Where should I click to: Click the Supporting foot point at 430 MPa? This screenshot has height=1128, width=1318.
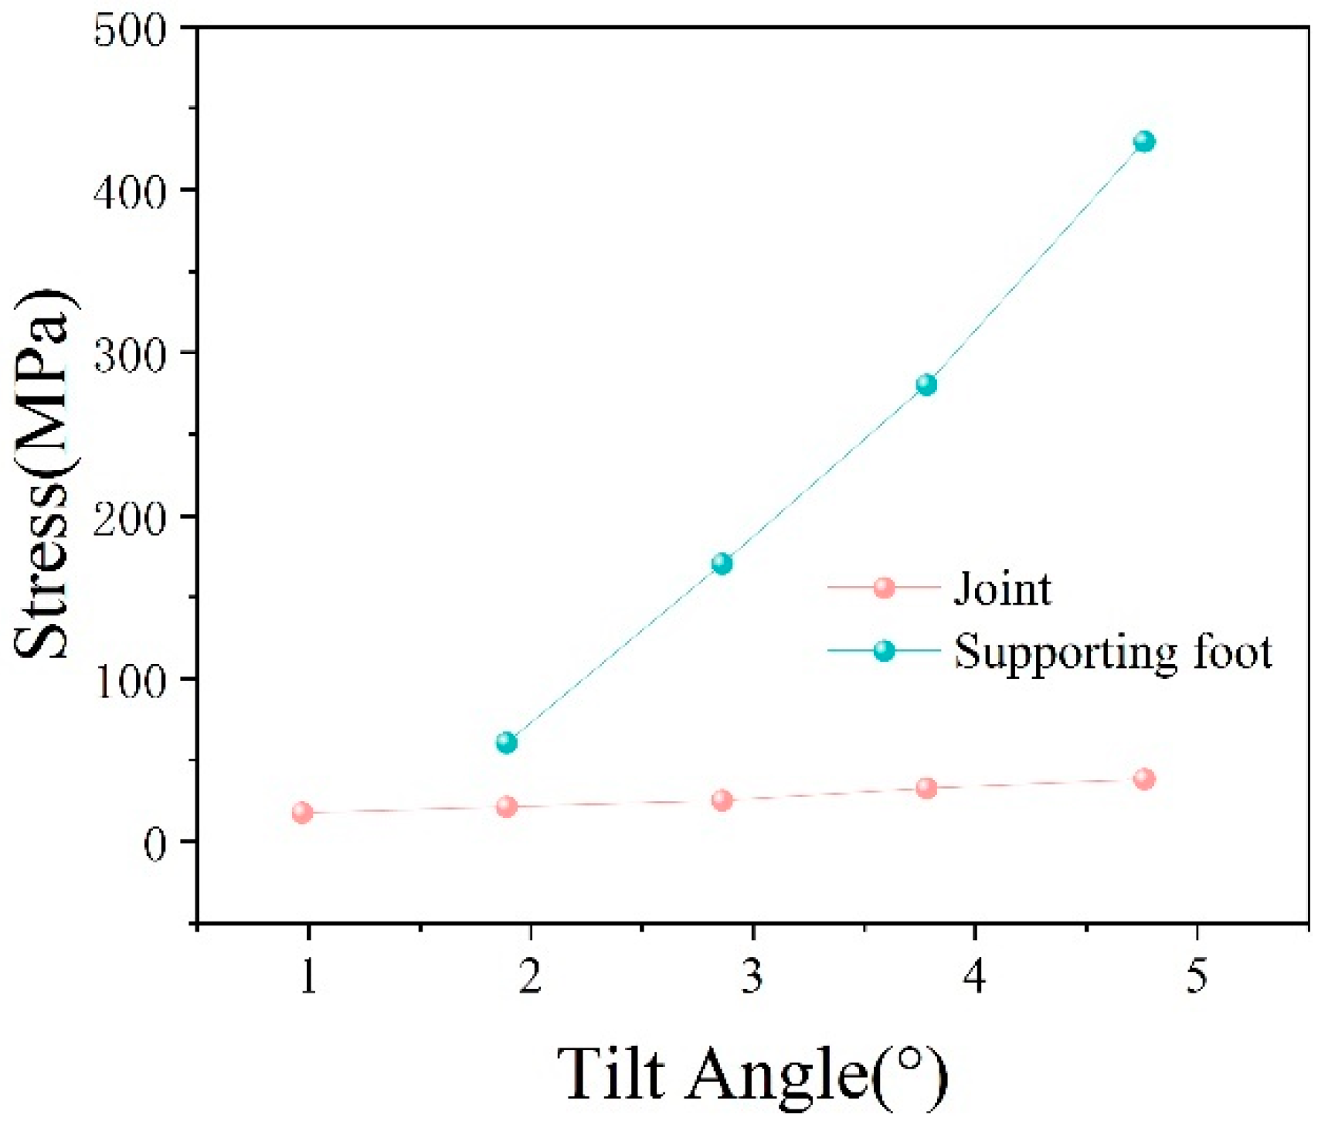point(1144,141)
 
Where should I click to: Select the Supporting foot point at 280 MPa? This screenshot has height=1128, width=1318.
point(926,384)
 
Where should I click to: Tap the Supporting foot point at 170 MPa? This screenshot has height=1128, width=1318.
point(722,564)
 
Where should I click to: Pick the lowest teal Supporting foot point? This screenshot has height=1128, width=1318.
point(507,742)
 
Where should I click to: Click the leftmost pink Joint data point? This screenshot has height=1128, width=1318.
point(303,812)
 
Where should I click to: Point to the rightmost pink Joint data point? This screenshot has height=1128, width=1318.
point(1144,779)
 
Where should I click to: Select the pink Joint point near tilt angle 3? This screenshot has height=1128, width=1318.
point(722,799)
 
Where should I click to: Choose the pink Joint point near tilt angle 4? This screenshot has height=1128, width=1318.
point(926,788)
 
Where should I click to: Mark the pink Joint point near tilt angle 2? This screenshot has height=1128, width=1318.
point(507,806)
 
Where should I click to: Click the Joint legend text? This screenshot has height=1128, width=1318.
point(1002,589)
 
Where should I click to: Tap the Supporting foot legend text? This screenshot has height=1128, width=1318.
point(1112,652)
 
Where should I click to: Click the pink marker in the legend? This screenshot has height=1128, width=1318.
point(884,588)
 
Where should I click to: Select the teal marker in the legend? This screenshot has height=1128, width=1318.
point(884,650)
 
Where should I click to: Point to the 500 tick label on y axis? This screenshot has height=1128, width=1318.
point(130,32)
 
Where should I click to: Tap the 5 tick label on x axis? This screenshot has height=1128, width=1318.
point(1196,976)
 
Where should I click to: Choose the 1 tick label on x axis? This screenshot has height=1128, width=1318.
point(308,976)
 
